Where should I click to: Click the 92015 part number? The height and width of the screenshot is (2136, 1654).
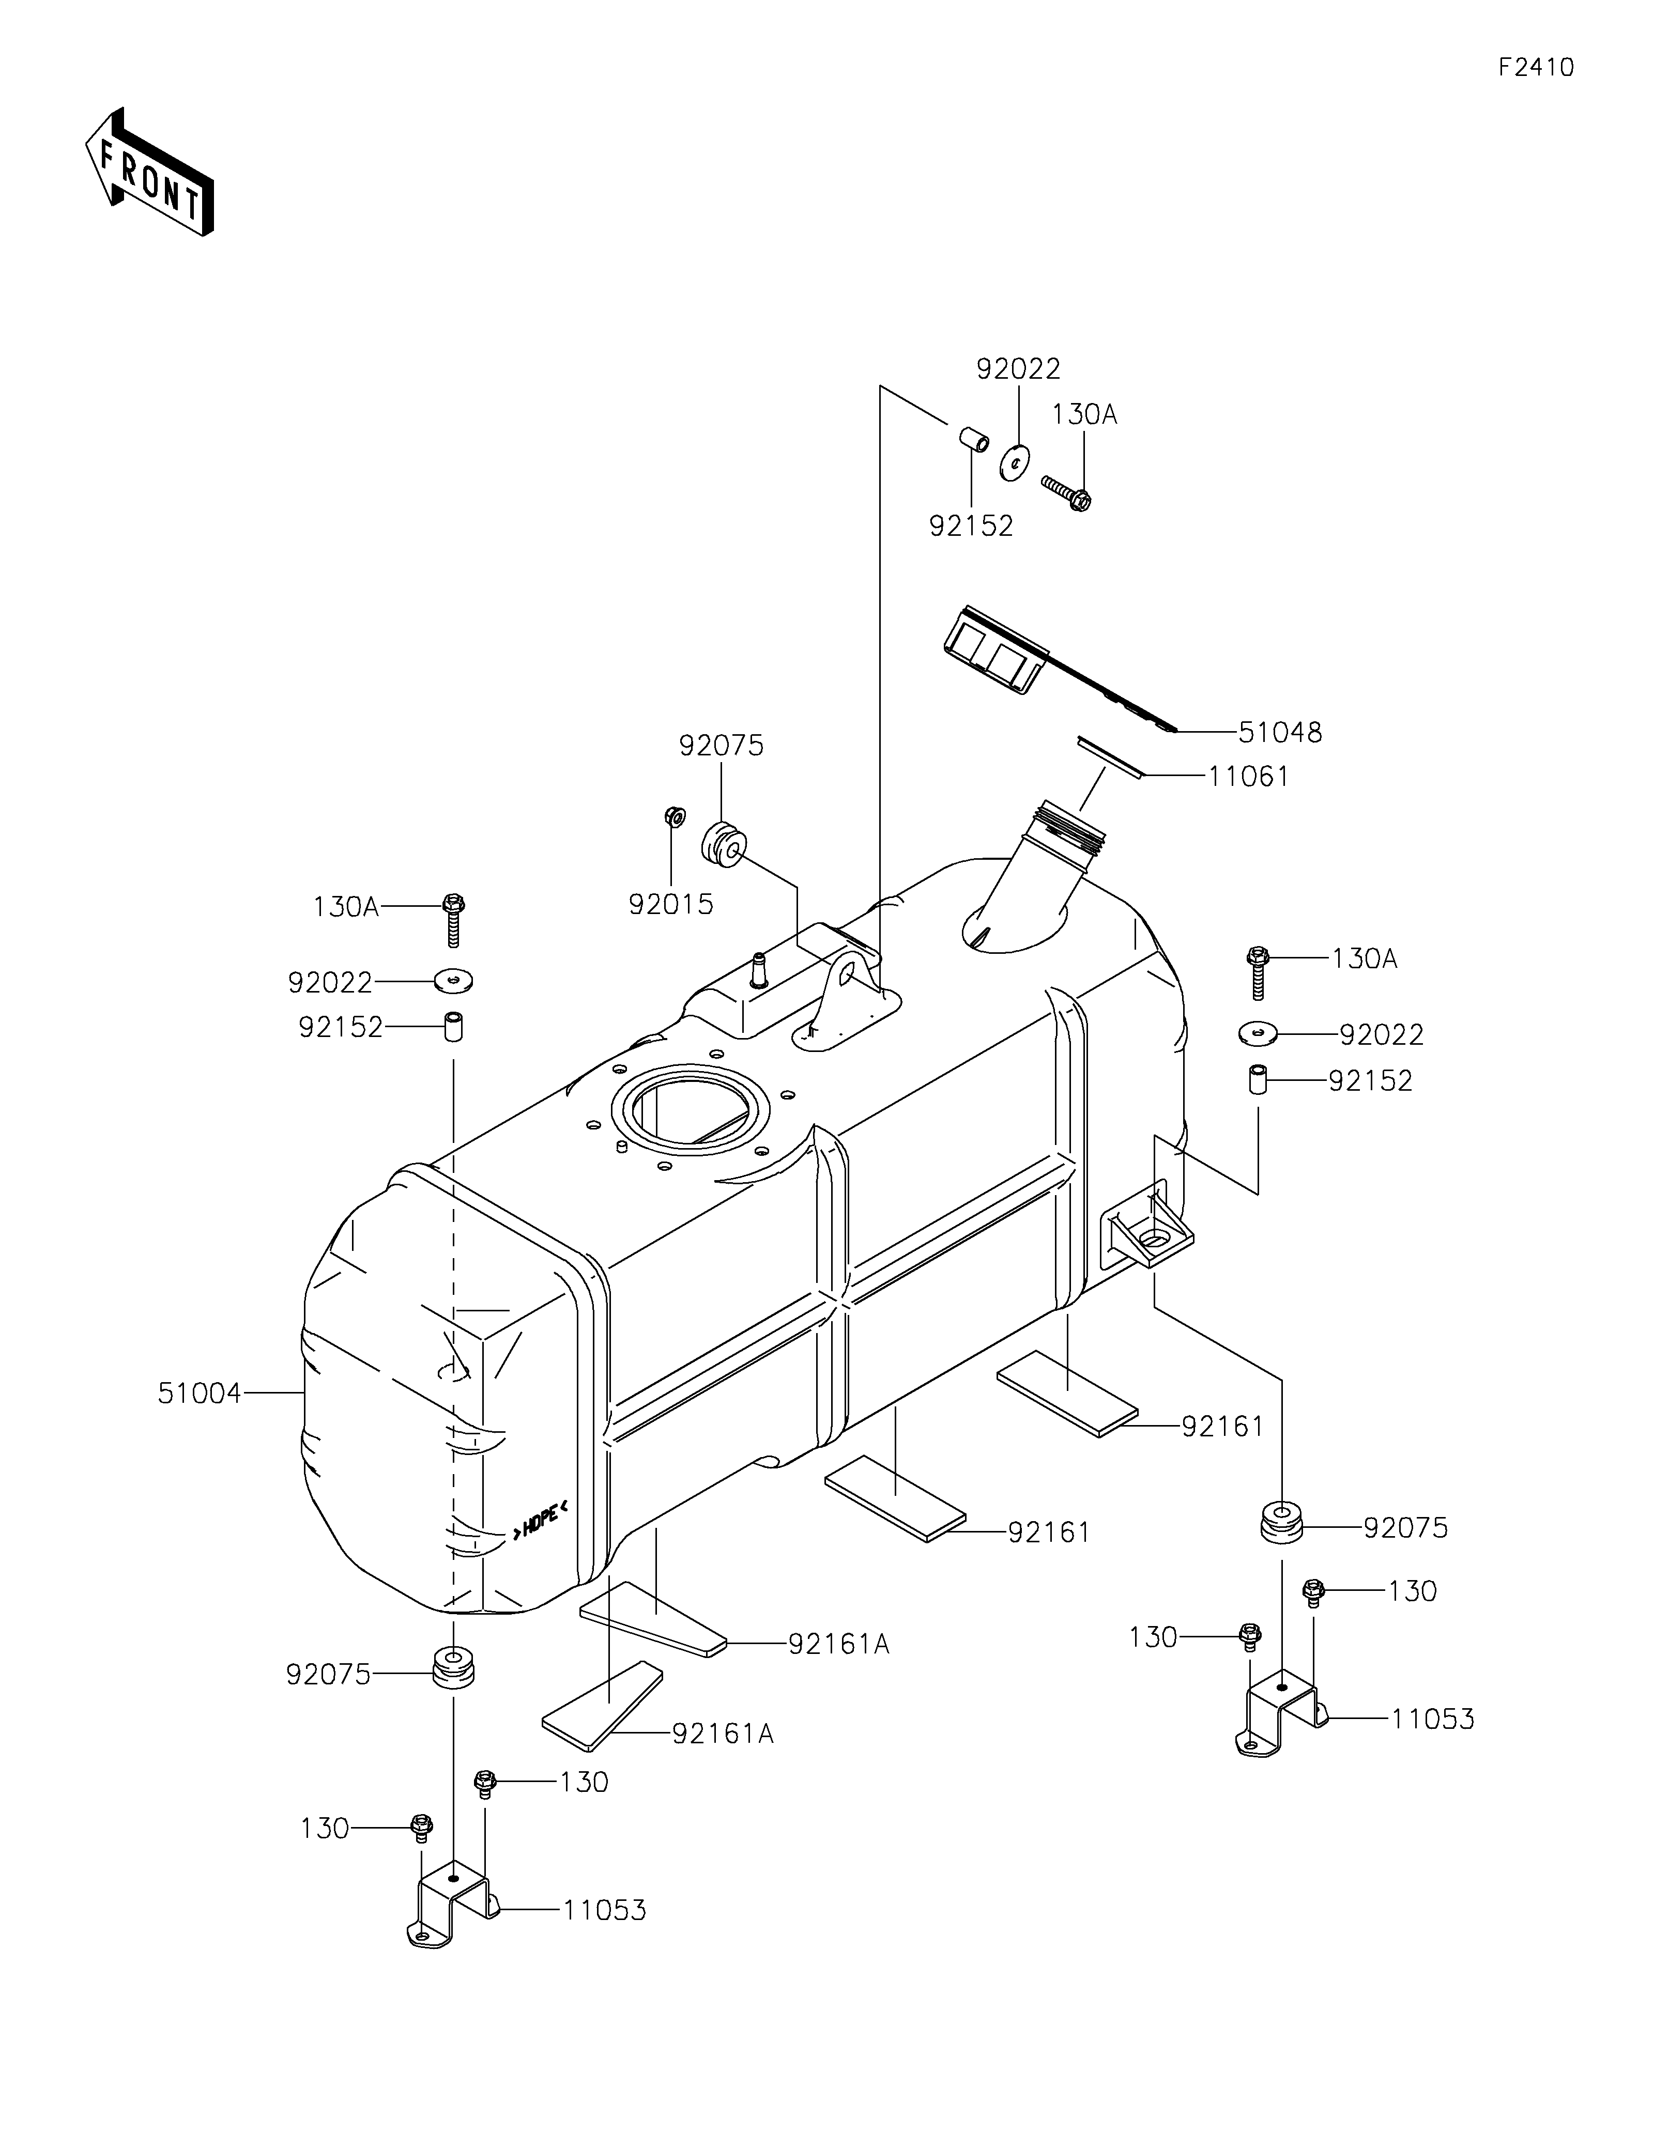[671, 905]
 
